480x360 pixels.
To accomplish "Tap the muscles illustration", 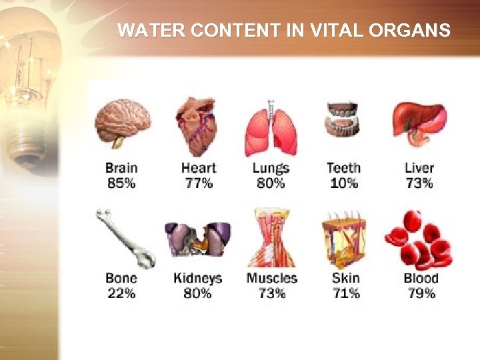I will pos(271,238).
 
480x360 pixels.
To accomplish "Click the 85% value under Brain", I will pos(121,183).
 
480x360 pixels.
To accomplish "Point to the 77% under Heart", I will pos(199,183).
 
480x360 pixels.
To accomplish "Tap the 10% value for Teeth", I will pos(343,183).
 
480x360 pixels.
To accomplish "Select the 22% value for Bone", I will pos(121,293).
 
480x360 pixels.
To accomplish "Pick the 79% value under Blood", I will pos(421,293).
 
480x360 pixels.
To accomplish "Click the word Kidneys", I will pos(197,279).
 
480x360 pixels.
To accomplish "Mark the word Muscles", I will pos(271,279).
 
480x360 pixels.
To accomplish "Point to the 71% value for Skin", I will pos(345,293).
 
